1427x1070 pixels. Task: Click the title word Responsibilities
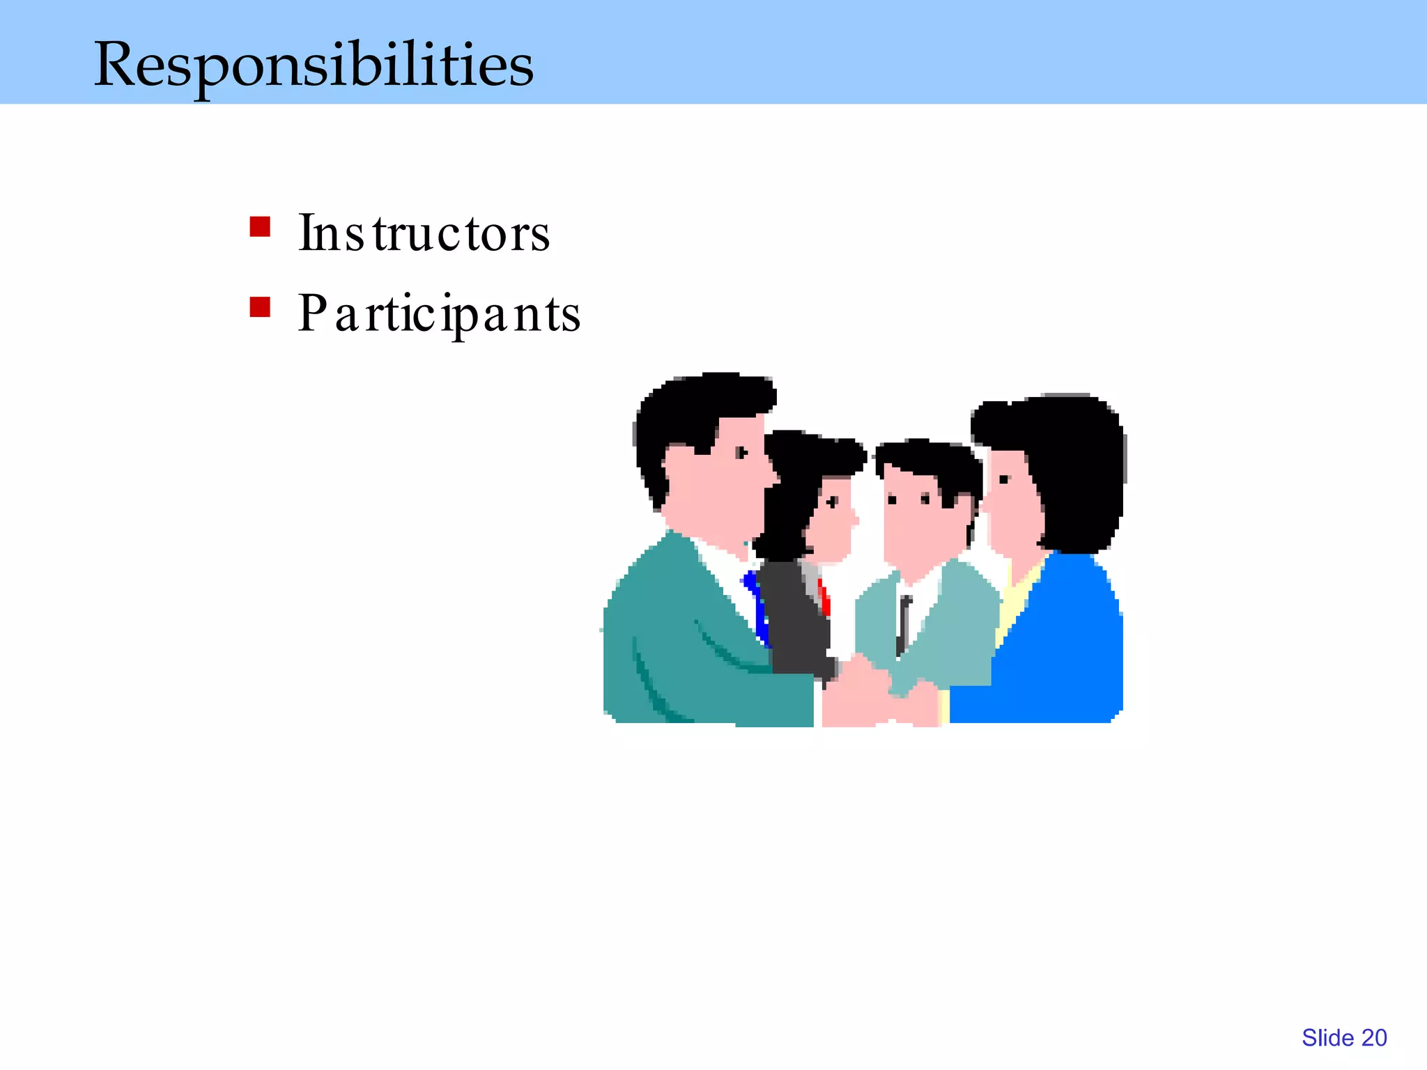[314, 64]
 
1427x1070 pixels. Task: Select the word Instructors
[424, 233]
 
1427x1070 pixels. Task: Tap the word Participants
[439, 313]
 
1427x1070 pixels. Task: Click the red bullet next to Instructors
[260, 227]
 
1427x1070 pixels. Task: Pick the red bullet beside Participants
[260, 307]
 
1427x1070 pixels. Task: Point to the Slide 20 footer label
[1344, 1038]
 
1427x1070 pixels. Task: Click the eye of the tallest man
[741, 453]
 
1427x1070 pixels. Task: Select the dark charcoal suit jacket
[794, 620]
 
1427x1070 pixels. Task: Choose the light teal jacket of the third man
[955, 620]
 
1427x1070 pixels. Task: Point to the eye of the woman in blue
[1004, 479]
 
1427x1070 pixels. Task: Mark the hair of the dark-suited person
[794, 488]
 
